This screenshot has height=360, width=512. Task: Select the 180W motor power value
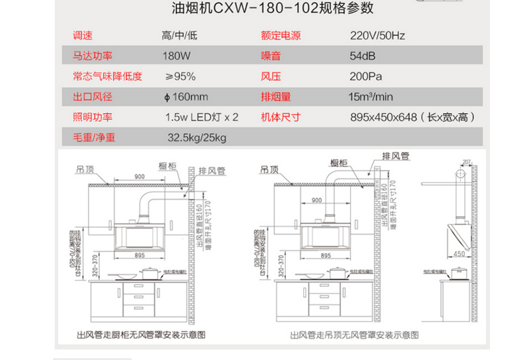tap(176, 56)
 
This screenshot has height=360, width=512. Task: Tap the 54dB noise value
tap(363, 56)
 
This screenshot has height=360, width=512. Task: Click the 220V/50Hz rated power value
tap(378, 36)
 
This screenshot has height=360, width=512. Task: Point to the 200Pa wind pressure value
tap(366, 76)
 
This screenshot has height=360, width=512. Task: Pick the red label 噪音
tap(271, 56)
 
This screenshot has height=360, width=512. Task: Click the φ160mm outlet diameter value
tap(186, 97)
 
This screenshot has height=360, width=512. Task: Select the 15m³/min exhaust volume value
tap(370, 97)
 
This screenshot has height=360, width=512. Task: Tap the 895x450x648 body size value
tap(412, 117)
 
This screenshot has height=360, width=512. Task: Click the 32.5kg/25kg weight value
tap(197, 137)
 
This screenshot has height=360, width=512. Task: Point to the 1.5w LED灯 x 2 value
tap(201, 117)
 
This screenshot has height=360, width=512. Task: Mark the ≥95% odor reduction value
tap(180, 76)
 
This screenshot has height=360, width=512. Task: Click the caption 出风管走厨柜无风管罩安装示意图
tap(140, 335)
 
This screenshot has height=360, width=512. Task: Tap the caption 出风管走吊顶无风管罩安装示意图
tap(354, 335)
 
